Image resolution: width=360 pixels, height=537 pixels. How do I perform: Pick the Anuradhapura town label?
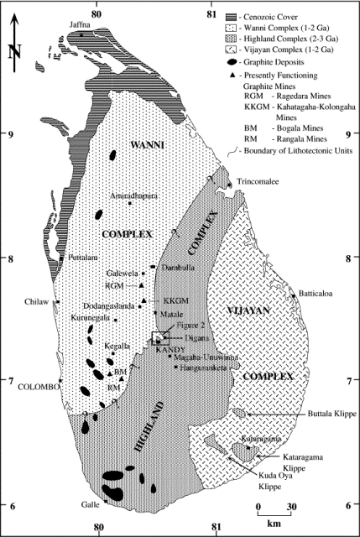[130, 195]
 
